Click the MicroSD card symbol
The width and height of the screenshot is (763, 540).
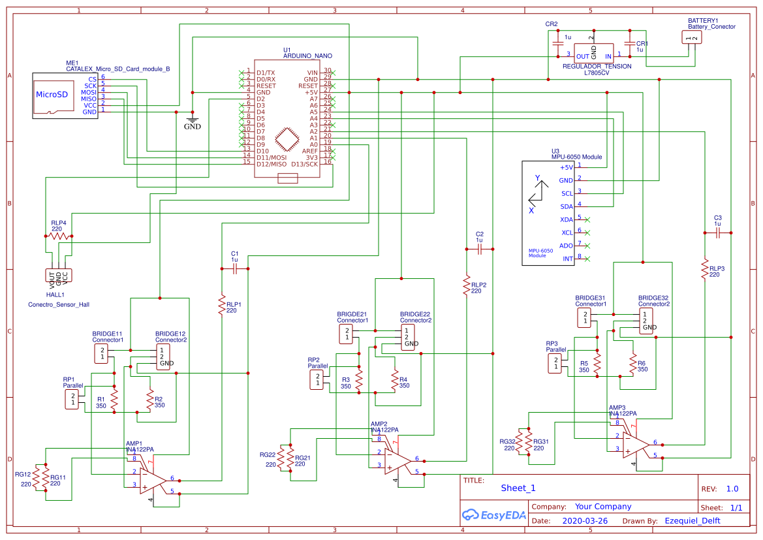pos(52,95)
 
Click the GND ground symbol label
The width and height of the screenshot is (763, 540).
pos(192,127)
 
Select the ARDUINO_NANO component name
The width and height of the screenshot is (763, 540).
pos(304,56)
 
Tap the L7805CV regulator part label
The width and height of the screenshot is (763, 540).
pos(597,73)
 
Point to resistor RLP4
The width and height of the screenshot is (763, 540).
pos(57,236)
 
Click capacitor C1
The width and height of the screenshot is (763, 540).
pos(235,268)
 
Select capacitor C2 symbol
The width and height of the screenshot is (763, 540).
pos(480,249)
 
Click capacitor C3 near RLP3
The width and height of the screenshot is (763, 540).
pos(717,232)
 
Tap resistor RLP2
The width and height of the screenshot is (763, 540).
pos(466,285)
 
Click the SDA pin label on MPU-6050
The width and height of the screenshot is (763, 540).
pos(567,206)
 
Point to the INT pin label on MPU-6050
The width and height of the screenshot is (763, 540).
pos(567,259)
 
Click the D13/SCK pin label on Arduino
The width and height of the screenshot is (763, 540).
pos(305,165)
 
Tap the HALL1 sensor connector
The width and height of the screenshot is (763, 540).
pos(59,276)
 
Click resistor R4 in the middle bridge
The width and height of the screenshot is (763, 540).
pos(394,380)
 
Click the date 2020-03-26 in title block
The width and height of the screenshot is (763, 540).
pos(585,521)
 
